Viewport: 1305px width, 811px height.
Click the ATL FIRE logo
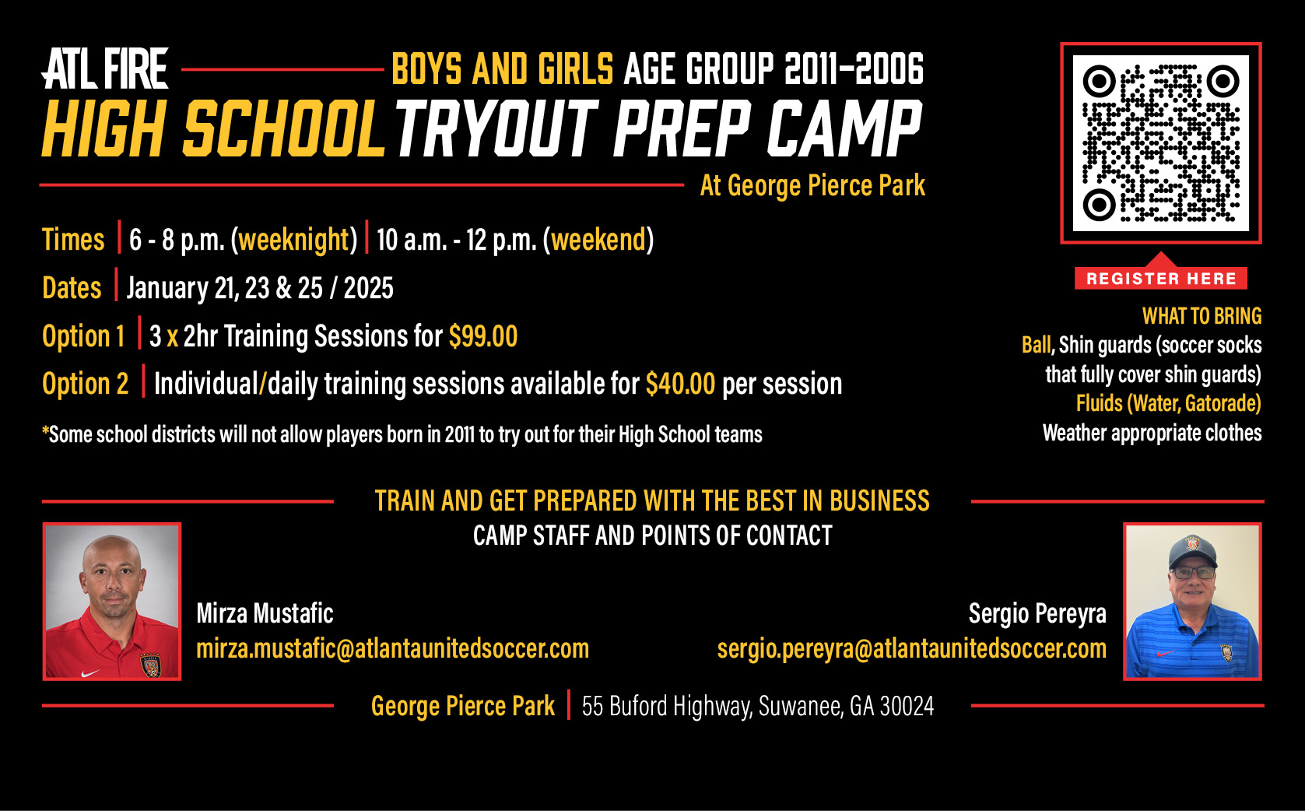coord(105,69)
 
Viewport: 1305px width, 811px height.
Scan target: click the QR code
coord(1160,143)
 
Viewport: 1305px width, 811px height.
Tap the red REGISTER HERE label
coord(1160,278)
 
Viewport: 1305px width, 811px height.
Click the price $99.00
coord(483,336)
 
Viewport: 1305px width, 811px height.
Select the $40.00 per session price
coord(680,384)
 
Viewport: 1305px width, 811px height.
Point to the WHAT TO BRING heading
coord(1202,316)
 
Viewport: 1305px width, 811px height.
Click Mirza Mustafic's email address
coord(392,648)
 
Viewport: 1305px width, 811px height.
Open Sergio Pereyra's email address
coord(911,648)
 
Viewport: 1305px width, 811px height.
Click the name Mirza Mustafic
coord(265,613)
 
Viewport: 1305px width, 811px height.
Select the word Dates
coord(72,288)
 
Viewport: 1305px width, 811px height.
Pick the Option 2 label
coord(85,384)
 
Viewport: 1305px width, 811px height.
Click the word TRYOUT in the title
coord(496,128)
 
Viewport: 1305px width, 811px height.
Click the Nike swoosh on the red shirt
coord(90,672)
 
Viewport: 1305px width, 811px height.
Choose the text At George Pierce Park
coord(812,186)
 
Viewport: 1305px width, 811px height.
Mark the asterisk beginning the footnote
coord(45,430)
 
